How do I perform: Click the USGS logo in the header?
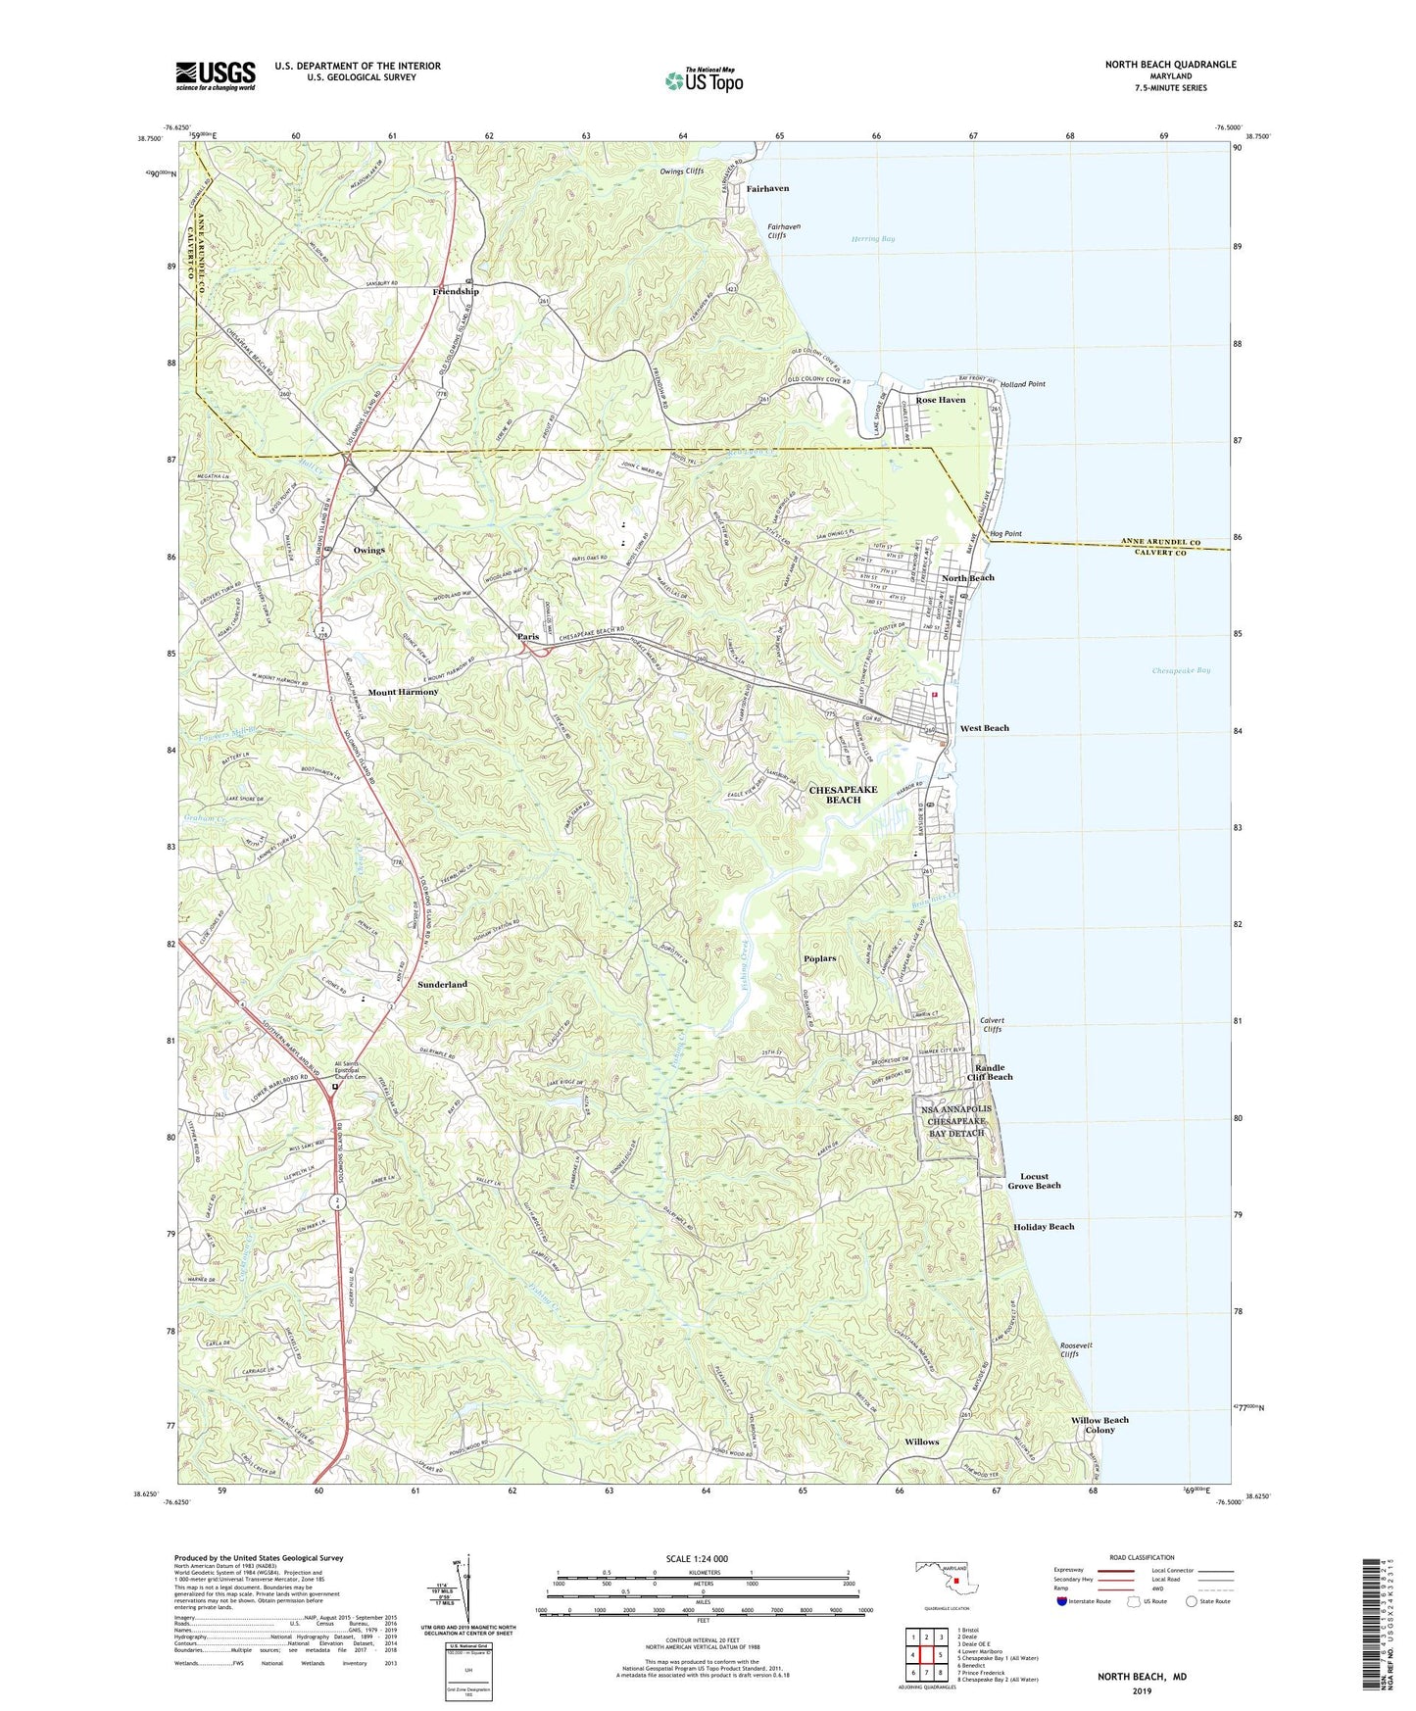216,75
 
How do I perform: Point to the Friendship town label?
456,292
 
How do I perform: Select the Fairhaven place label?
767,188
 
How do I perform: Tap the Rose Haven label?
940,400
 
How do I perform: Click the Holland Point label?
1022,384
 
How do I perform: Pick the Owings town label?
368,551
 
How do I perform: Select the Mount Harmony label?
403,692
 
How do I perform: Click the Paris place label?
528,637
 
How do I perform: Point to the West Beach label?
984,728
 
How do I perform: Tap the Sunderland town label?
442,984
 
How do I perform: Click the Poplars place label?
819,958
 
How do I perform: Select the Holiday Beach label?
1044,1227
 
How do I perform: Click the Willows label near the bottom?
921,1442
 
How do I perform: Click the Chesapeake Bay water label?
1181,670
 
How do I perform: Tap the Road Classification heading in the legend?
1141,1557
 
